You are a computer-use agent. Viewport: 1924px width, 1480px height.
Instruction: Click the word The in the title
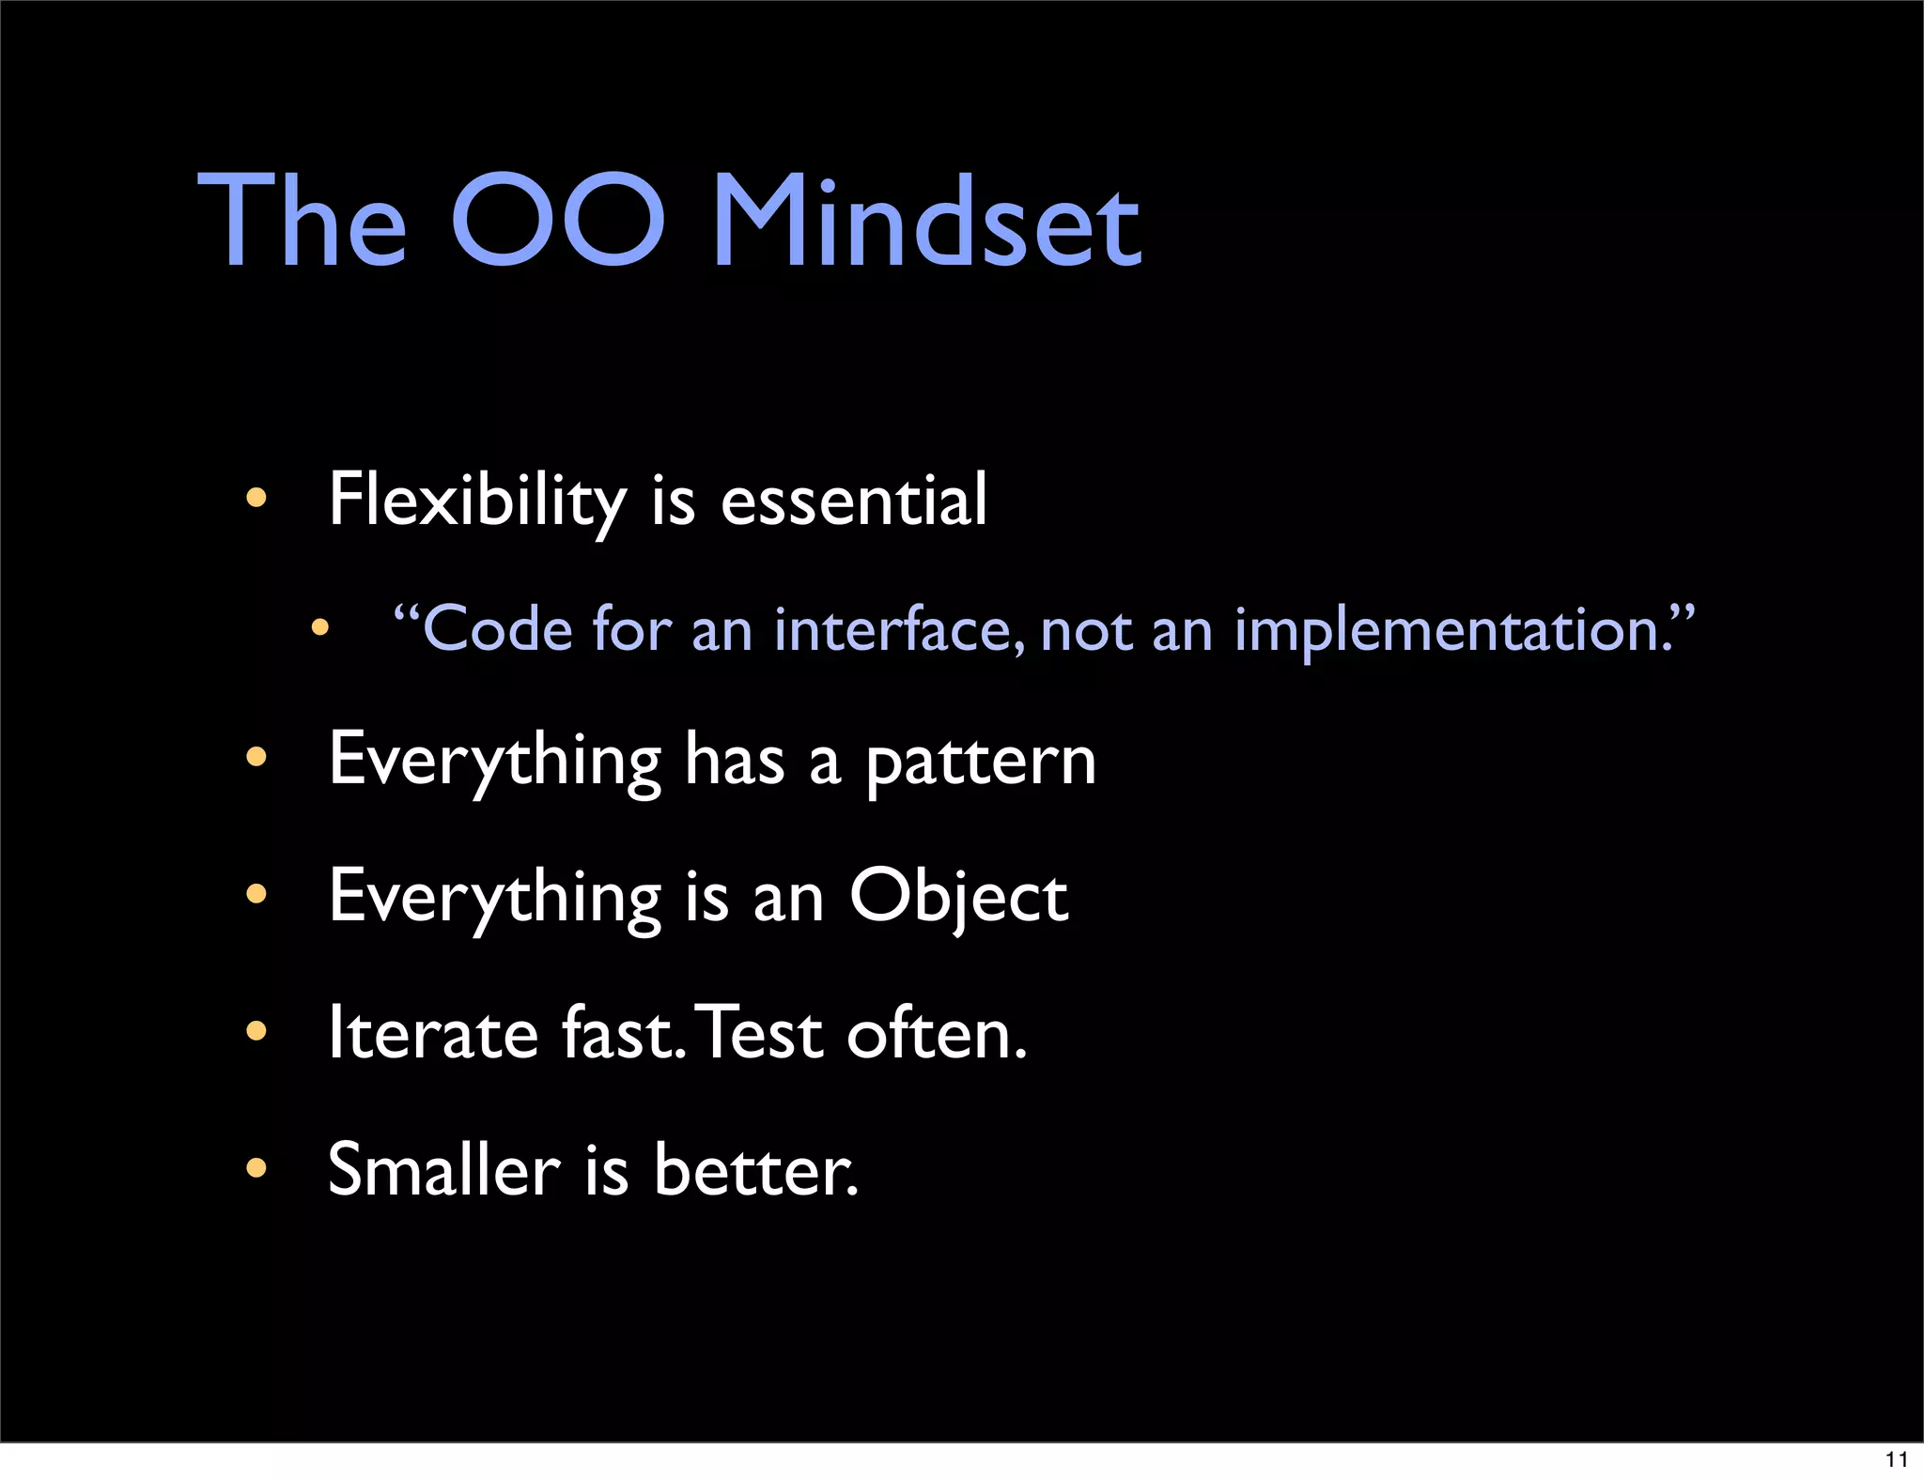coord(303,223)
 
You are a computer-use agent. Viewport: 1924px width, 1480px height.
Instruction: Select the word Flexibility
coord(477,501)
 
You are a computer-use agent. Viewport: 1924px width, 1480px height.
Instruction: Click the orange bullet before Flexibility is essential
coord(256,498)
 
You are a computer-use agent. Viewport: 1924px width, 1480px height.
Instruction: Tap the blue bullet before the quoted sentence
coord(320,627)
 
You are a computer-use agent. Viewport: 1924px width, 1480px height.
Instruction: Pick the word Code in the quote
coord(498,629)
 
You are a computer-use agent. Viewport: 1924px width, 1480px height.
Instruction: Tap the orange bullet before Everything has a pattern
coord(256,757)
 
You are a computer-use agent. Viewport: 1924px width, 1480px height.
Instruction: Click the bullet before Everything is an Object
coord(256,894)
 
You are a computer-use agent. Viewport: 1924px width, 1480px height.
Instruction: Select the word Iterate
coord(433,1033)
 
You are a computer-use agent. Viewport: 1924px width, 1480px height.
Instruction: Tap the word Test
coord(762,1033)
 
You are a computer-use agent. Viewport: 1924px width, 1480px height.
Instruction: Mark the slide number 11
coord(1896,1459)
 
